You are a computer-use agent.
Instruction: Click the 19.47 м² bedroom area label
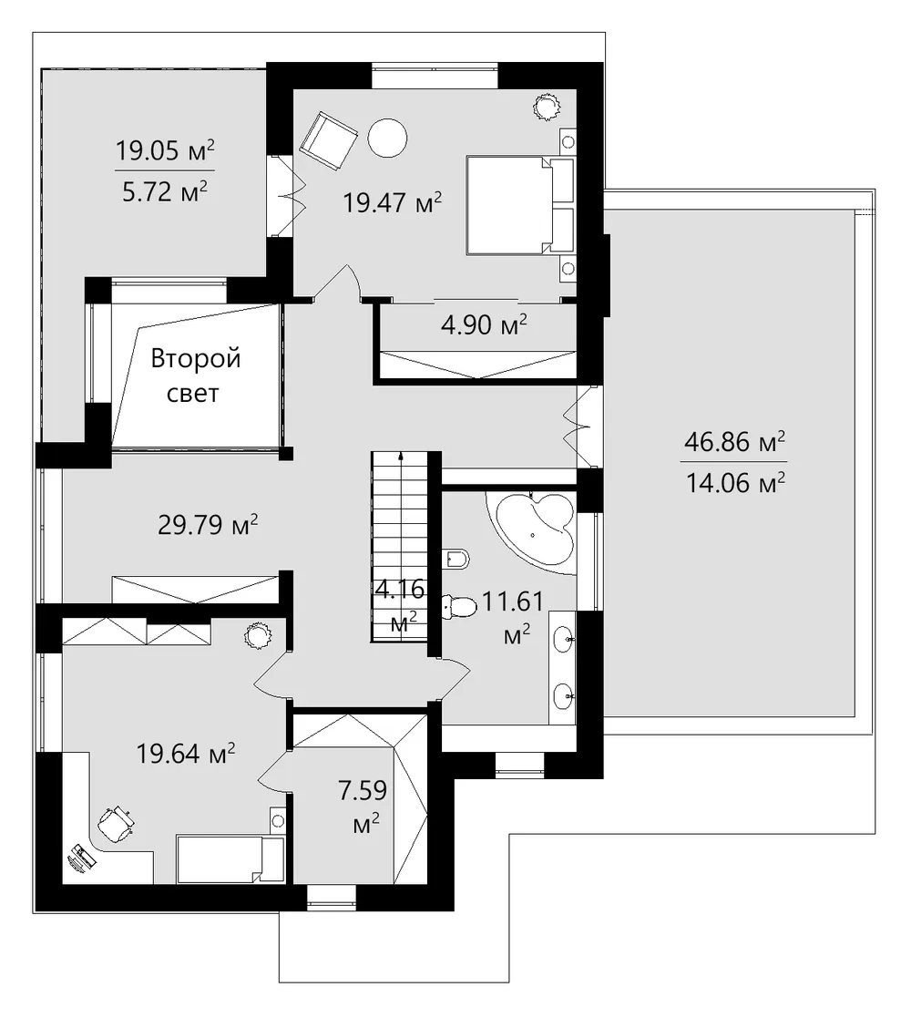(392, 202)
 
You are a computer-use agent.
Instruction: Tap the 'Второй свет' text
(195, 375)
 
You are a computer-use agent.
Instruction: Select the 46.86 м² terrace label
(734, 442)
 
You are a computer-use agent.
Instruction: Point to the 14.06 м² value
(735, 483)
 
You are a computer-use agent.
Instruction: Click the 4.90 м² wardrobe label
(484, 324)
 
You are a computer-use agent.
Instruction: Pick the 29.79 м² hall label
(208, 525)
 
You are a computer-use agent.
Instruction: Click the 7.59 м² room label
(363, 807)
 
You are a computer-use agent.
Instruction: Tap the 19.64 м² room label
(186, 754)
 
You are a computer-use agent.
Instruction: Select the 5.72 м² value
(165, 192)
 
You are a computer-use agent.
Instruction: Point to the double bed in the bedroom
(520, 204)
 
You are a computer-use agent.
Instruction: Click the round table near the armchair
(387, 138)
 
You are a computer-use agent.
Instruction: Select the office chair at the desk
(116, 822)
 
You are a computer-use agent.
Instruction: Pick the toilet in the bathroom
(459, 606)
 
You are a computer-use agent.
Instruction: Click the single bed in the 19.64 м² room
(230, 859)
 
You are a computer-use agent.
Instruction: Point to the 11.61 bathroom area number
(513, 601)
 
